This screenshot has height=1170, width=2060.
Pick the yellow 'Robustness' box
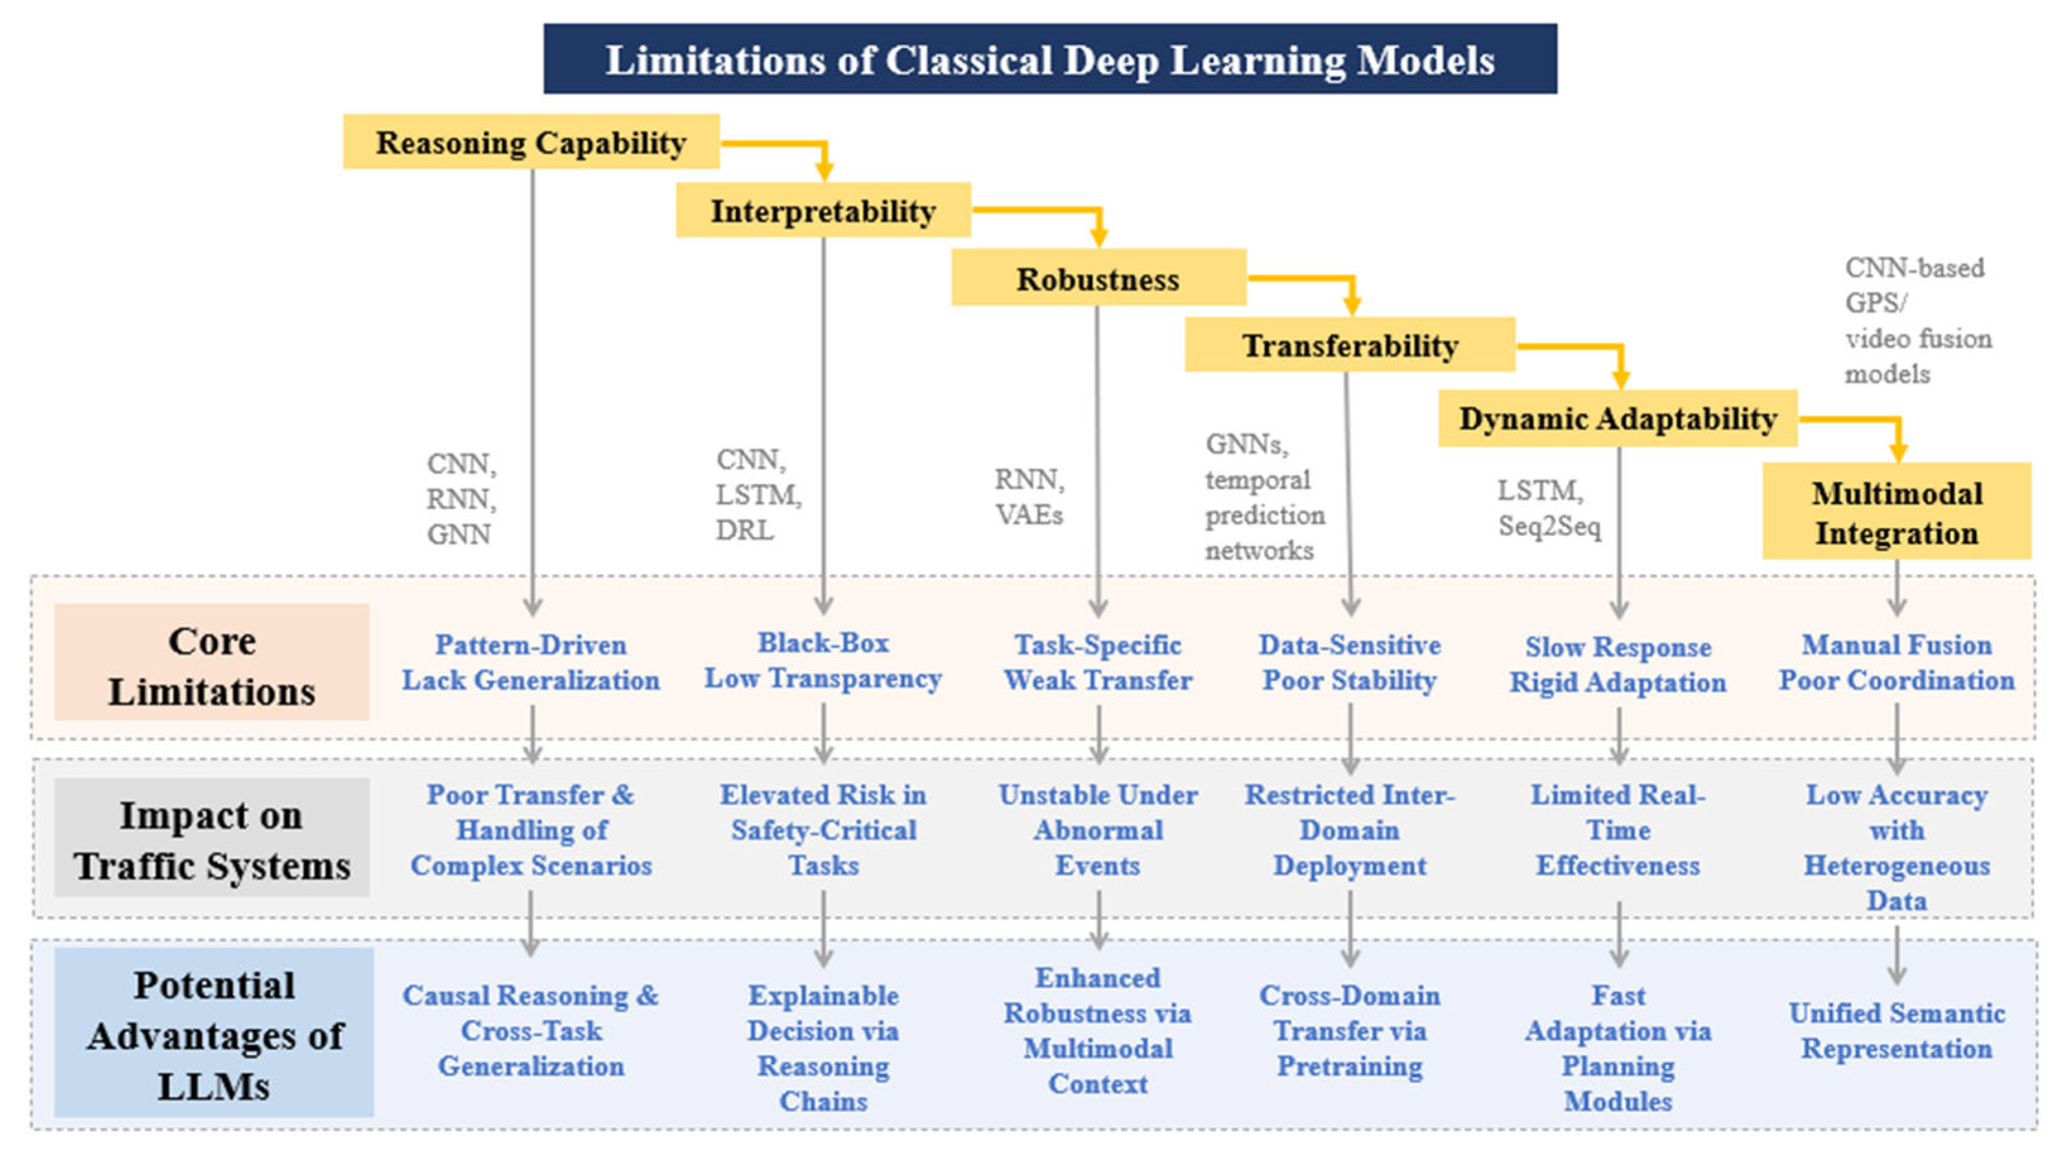pyautogui.click(x=1097, y=278)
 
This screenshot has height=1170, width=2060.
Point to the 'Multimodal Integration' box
pyautogui.click(x=1895, y=512)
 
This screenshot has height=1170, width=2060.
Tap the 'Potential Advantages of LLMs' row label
pyautogui.click(x=214, y=1034)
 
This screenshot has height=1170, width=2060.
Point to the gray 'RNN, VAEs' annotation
pyautogui.click(x=1029, y=497)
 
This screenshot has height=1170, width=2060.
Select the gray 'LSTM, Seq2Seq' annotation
pyautogui.click(x=1548, y=508)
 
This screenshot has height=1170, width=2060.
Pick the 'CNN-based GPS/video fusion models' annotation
pyautogui.click(x=1917, y=320)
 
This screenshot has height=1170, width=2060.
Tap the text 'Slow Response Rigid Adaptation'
pyautogui.click(x=1617, y=665)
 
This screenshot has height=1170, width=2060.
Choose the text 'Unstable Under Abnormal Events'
pyautogui.click(x=1097, y=829)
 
